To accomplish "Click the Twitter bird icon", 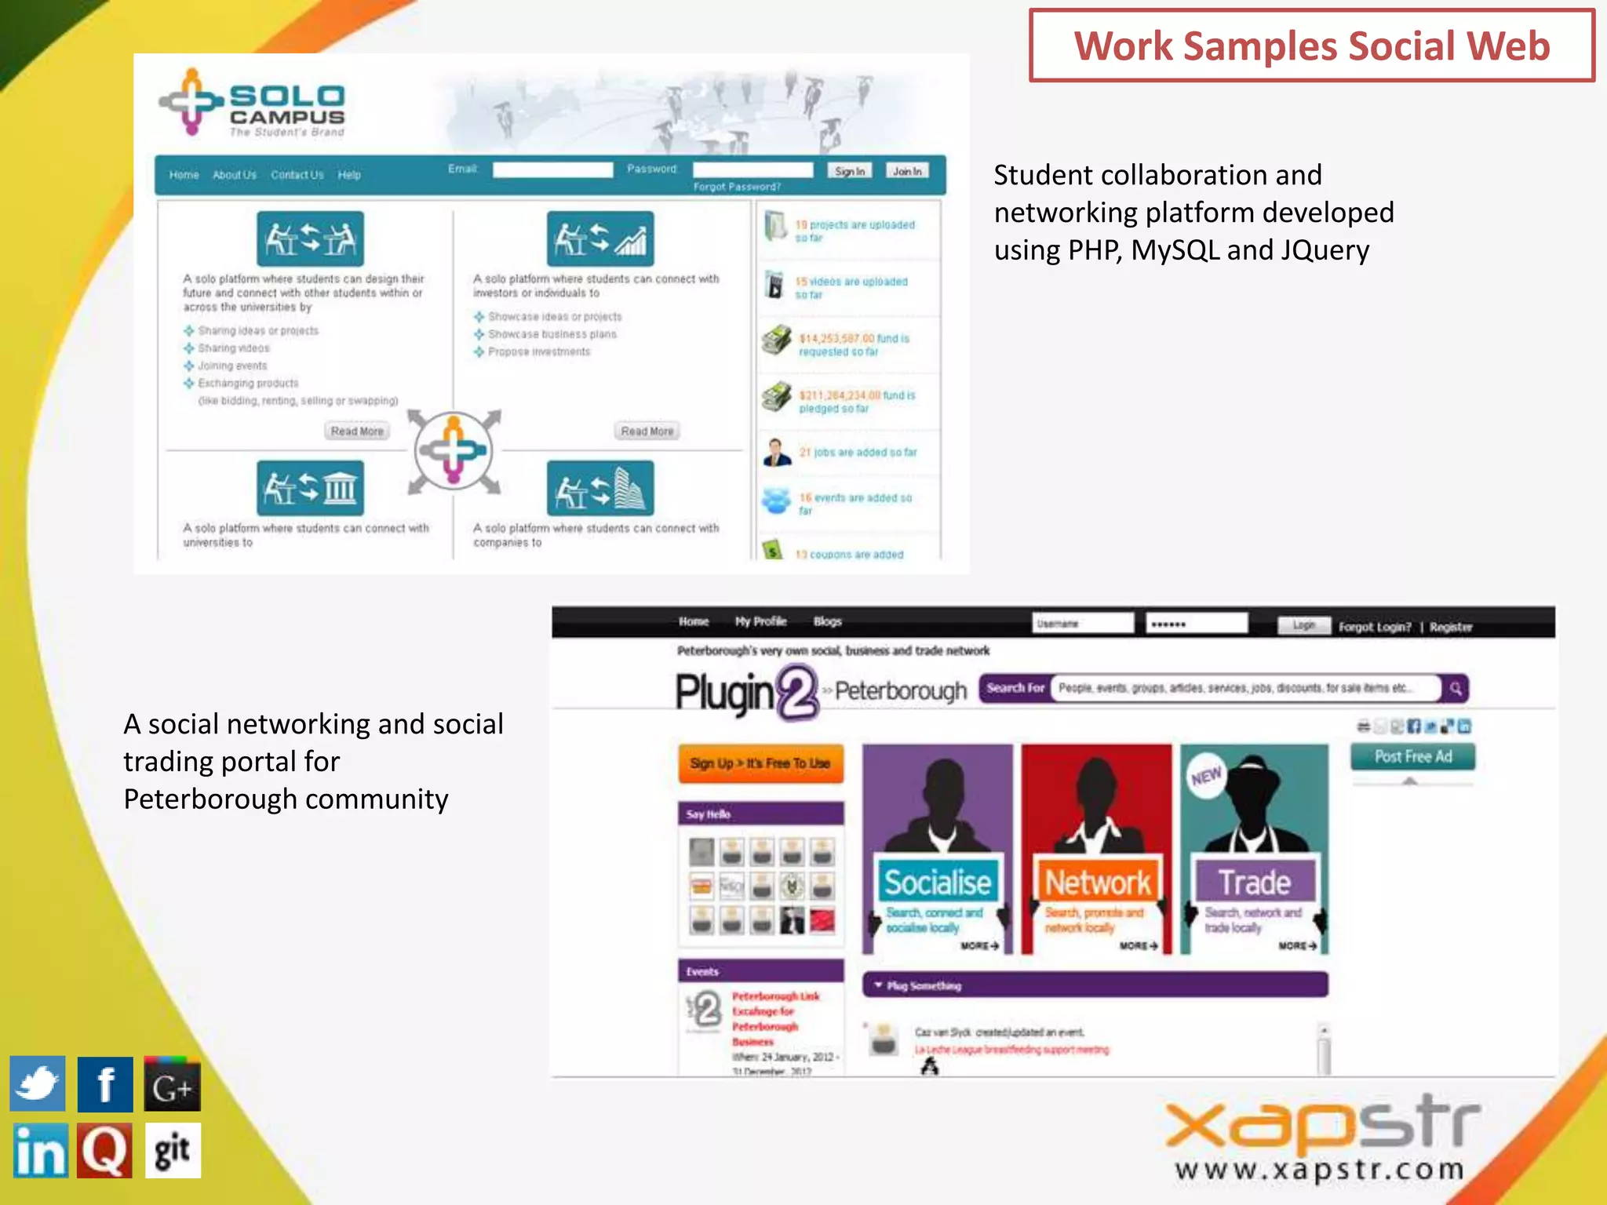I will (38, 1084).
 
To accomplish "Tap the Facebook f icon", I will (105, 1084).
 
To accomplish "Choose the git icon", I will (173, 1151).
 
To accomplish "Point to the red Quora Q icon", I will (105, 1151).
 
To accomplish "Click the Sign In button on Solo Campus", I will (850, 171).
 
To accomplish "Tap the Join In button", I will (907, 171).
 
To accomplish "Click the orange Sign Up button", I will (760, 763).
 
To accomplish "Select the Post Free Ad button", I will (1412, 756).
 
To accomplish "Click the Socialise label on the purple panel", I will (938, 883).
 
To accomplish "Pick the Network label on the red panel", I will (1098, 883).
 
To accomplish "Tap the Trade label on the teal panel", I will (1254, 883).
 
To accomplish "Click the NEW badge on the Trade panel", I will (1206, 776).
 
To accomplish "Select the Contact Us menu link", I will (297, 175).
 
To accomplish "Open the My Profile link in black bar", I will (760, 621).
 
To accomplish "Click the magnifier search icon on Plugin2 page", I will (1456, 688).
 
